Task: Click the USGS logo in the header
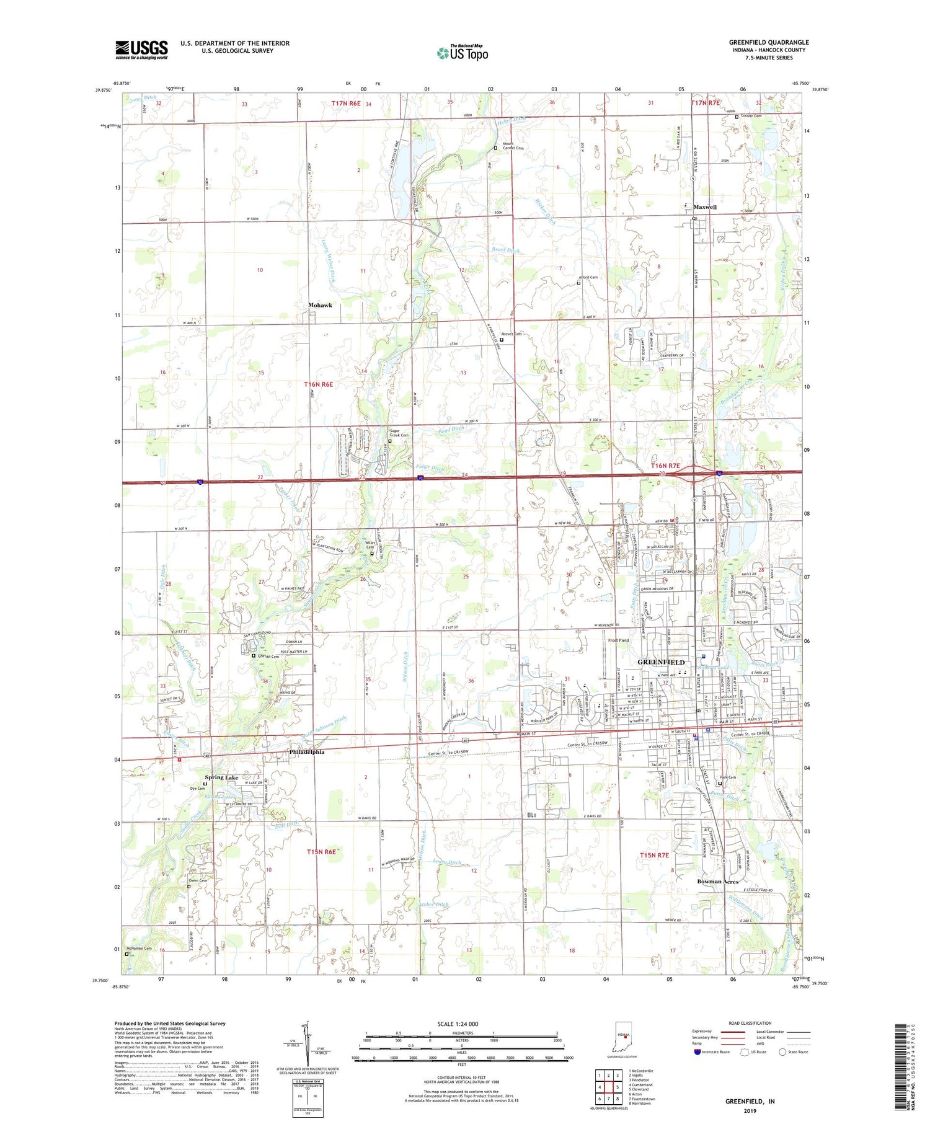point(141,50)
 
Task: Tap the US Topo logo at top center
point(462,53)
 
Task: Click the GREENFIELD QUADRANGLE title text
point(768,42)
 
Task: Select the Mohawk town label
point(320,305)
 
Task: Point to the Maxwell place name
point(704,207)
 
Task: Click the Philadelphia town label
point(306,752)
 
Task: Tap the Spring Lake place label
point(221,777)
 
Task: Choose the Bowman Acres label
point(717,881)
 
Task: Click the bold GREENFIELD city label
point(661,662)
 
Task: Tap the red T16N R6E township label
point(318,384)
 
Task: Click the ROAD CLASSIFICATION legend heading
point(750,1023)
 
